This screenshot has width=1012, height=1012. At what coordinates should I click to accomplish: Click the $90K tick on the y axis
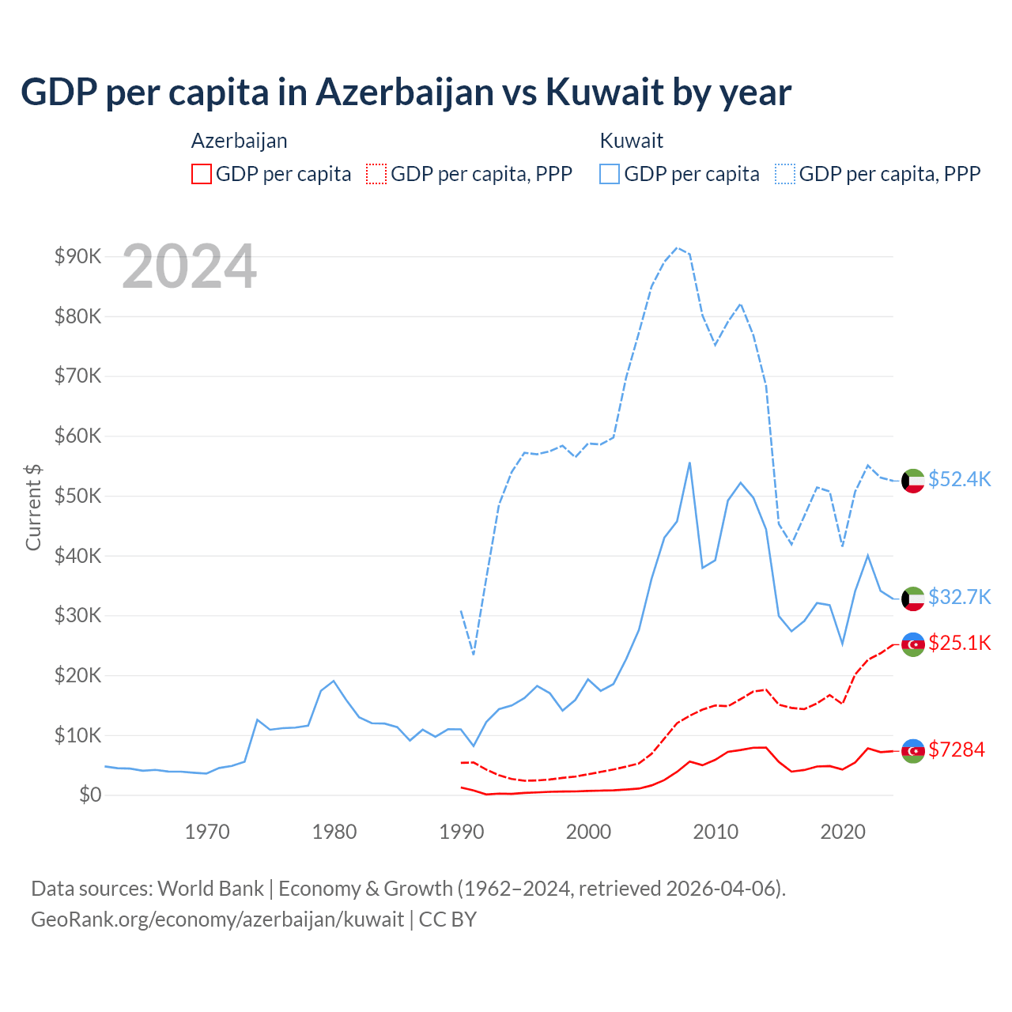coord(77,256)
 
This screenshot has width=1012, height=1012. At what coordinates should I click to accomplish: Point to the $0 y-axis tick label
coord(90,795)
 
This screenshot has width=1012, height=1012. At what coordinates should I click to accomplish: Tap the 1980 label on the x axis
coord(334,832)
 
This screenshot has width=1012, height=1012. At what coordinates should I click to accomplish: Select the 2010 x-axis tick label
coord(716,832)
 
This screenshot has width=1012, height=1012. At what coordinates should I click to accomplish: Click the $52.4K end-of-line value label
coord(959,479)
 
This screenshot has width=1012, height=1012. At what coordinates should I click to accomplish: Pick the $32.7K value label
coord(959,597)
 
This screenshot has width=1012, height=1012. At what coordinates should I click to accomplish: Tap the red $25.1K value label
coord(959,643)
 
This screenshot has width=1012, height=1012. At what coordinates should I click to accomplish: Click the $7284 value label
coord(957,750)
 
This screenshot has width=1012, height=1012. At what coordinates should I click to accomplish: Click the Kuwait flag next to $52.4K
coord(913,481)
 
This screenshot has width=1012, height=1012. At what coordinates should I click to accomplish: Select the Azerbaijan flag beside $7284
coord(913,750)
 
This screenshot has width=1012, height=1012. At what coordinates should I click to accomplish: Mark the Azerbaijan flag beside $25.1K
coord(913,644)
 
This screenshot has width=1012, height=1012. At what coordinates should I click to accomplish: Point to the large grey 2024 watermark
coord(190,266)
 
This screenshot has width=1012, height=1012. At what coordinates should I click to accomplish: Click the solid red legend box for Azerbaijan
coord(202,174)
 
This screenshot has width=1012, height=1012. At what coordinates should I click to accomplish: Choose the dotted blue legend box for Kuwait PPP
coord(785,174)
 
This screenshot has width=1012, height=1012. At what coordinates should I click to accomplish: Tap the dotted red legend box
coord(376,174)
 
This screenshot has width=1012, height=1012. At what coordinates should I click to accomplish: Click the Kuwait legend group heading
coord(631,141)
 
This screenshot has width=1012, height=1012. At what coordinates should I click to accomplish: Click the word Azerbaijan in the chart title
coord(405,92)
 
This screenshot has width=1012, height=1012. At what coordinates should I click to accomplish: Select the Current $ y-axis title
coord(33,507)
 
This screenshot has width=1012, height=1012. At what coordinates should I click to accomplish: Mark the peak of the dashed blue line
coord(677,247)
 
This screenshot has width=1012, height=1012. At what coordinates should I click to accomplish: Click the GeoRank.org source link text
coord(217,919)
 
